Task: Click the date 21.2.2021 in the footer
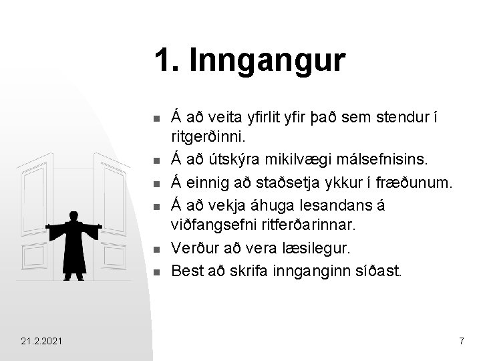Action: [42, 342]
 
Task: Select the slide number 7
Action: [461, 342]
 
